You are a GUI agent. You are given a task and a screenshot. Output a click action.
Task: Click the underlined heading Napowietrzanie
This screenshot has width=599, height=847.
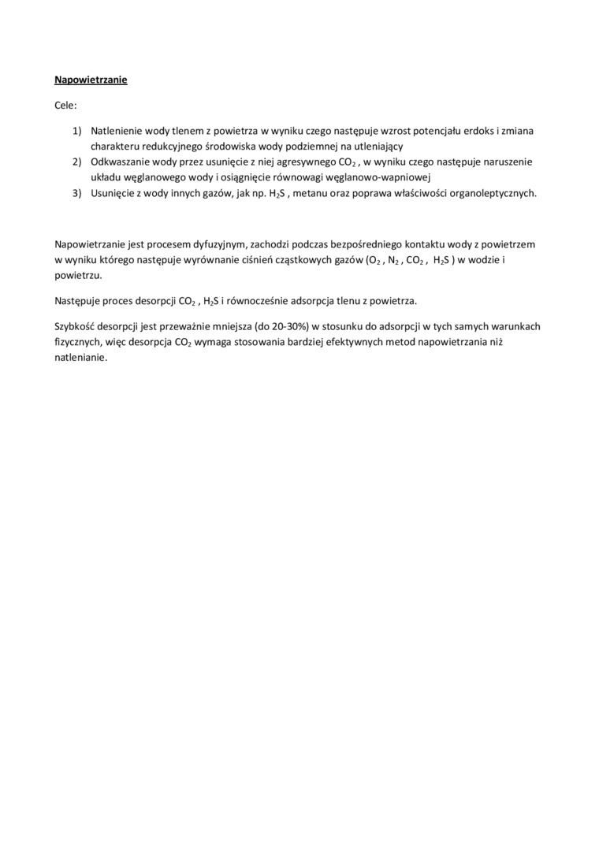(x=91, y=80)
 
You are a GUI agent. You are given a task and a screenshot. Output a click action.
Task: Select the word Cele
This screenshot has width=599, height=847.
(x=65, y=104)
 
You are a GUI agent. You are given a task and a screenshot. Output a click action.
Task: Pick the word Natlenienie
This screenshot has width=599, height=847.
(x=116, y=131)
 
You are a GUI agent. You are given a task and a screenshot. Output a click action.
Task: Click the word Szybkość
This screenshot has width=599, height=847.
(x=76, y=325)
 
